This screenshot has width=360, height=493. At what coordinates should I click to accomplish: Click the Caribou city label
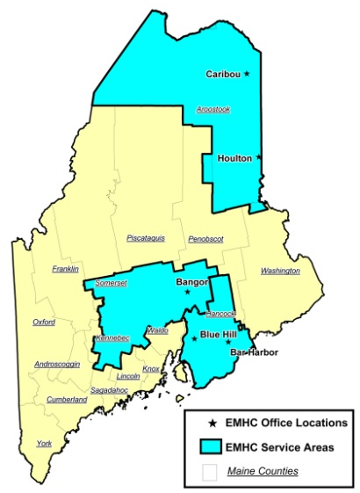(x=223, y=74)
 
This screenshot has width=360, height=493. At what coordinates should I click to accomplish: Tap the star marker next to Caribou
(x=247, y=74)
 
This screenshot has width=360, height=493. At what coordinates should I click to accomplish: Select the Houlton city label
(x=234, y=159)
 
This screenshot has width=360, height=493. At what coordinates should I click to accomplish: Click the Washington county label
(x=280, y=271)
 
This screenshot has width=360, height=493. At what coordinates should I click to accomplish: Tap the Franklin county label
(x=65, y=269)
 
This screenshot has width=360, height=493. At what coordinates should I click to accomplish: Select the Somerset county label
(x=111, y=283)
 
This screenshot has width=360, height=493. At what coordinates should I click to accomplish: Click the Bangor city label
(x=191, y=281)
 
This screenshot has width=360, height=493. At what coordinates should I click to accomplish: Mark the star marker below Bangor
(x=187, y=292)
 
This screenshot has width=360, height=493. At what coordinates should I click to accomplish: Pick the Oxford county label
(x=44, y=323)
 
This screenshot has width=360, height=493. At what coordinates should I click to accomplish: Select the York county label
(x=44, y=444)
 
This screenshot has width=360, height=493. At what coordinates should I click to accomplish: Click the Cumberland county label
(x=67, y=399)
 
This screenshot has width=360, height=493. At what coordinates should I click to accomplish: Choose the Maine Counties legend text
(x=263, y=471)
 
